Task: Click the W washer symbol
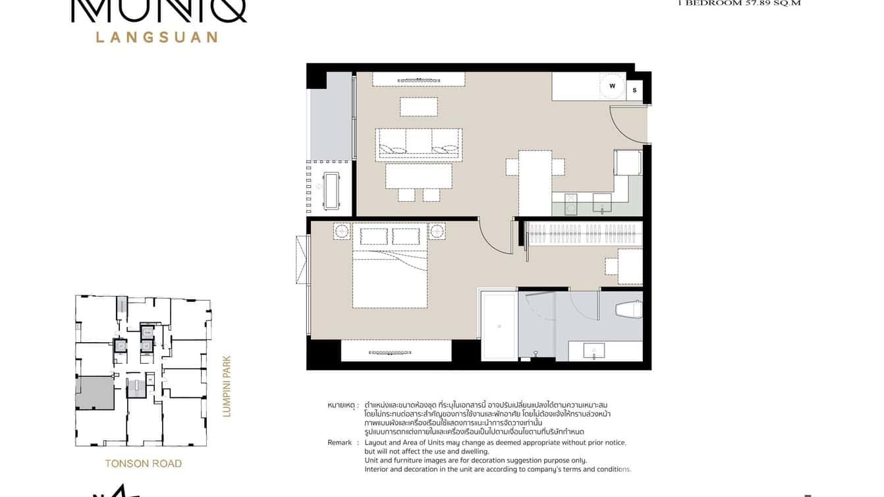[x=612, y=86]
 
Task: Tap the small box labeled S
[x=634, y=90]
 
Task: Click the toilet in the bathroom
[x=628, y=309]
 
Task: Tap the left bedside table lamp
[x=343, y=231]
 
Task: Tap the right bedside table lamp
[x=437, y=231]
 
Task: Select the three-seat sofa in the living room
[x=418, y=144]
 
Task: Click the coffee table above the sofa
[x=418, y=107]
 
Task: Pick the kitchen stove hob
[x=571, y=203]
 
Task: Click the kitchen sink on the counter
[x=602, y=202]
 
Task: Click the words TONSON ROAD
[x=144, y=463]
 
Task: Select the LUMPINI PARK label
[x=227, y=386]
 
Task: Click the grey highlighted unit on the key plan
[x=94, y=393]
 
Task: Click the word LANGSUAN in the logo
[x=157, y=38]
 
